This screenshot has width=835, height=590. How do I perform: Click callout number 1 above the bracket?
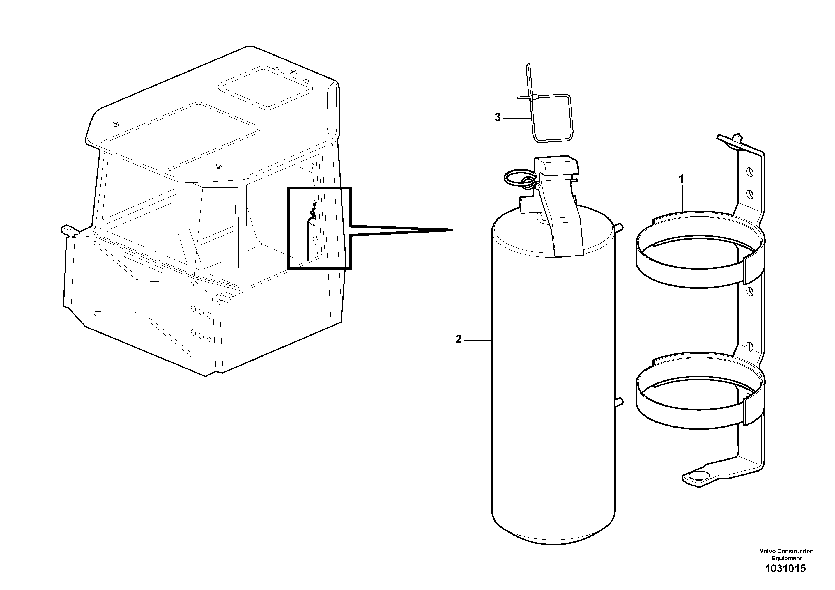click(x=682, y=179)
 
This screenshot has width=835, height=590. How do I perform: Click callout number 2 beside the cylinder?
click(x=459, y=339)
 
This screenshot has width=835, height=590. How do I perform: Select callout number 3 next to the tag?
click(x=498, y=118)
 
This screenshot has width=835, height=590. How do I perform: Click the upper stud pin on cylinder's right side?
click(x=619, y=227)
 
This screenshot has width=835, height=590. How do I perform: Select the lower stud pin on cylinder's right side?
click(x=619, y=401)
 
